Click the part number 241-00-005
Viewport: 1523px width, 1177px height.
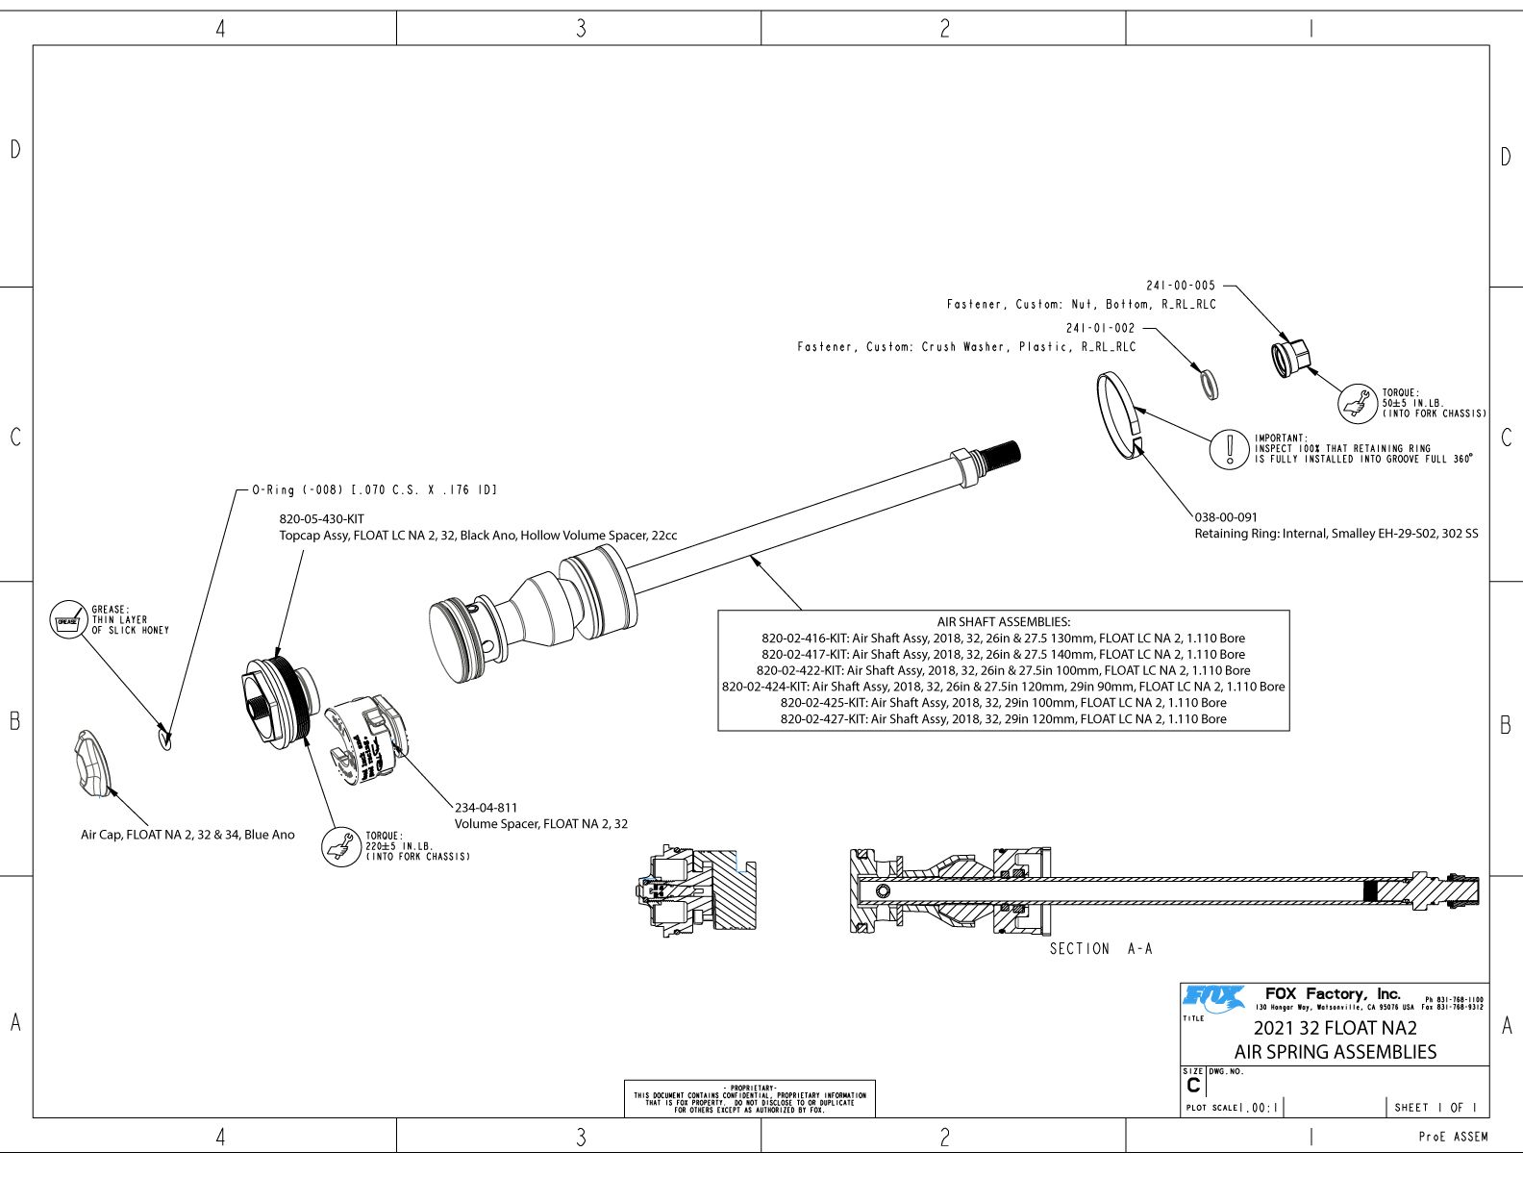coord(1180,286)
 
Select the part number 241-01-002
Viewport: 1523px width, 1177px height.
coord(1100,328)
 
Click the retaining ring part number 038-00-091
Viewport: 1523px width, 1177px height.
coord(1226,517)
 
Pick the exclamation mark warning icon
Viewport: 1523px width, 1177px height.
coord(1229,448)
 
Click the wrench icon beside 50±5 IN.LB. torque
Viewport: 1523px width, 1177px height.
coord(1359,403)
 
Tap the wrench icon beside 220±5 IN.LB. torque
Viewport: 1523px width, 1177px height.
coord(340,846)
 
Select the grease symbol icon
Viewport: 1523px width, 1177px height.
coord(67,620)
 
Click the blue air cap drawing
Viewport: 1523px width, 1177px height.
coord(92,764)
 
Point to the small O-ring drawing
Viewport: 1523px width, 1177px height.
coord(164,738)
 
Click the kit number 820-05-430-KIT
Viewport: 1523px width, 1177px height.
coord(321,519)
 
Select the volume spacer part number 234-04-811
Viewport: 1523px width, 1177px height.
coord(486,808)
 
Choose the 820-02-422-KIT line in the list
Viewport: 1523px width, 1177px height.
coord(1003,670)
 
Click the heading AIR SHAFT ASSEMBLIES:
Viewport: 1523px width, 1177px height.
coord(1003,622)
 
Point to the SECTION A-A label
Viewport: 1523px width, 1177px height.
coord(1100,949)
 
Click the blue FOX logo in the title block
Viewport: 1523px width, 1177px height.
coord(1213,998)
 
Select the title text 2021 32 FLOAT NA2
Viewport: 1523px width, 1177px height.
coord(1335,1028)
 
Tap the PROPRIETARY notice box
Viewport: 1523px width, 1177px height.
coord(749,1098)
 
